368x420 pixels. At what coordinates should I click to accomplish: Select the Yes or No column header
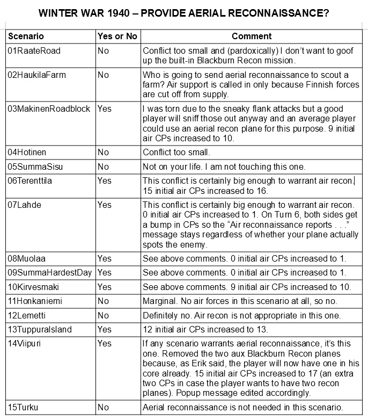[x=117, y=37]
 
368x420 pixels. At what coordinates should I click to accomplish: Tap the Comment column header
[x=252, y=37]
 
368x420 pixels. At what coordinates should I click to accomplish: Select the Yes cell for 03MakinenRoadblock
[x=105, y=108]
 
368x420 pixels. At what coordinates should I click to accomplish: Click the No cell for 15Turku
[x=103, y=408]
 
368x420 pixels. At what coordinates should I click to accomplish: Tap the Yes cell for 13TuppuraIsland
[x=105, y=329]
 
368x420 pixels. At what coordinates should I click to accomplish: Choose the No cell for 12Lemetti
[x=103, y=315]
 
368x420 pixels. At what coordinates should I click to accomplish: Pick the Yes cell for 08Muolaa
[x=105, y=259]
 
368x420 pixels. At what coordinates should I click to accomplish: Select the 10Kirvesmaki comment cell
[x=247, y=287]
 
